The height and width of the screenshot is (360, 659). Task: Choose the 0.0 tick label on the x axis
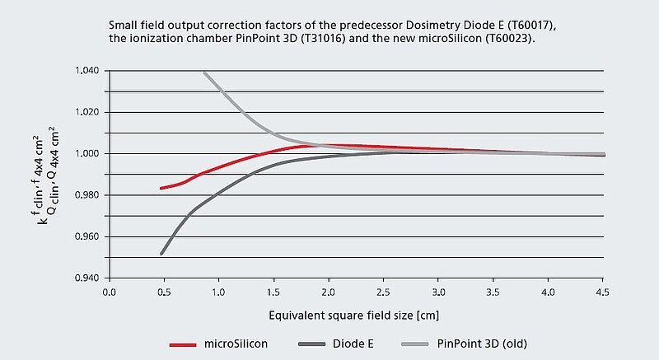coord(109,292)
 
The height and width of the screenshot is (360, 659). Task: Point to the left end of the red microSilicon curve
coord(161,189)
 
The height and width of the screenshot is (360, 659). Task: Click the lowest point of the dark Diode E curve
coord(161,254)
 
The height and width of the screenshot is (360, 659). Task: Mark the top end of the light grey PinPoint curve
coord(204,72)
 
